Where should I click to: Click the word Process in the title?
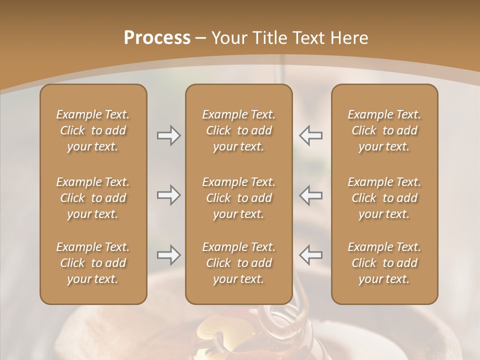(157, 38)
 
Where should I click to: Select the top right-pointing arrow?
(168, 135)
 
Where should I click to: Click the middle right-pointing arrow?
(168, 195)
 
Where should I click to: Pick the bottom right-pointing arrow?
(168, 255)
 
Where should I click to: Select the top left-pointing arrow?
(310, 135)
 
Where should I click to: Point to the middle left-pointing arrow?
(310, 195)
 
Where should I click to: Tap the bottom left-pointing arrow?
(310, 255)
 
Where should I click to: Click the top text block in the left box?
(93, 130)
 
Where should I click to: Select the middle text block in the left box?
(93, 198)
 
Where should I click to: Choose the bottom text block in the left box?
(93, 263)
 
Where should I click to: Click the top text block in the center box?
(238, 130)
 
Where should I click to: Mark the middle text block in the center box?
(238, 198)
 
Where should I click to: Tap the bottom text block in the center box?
(238, 263)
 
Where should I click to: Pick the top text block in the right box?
(384, 130)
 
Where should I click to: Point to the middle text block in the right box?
(384, 198)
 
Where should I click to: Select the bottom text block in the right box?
(384, 263)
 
